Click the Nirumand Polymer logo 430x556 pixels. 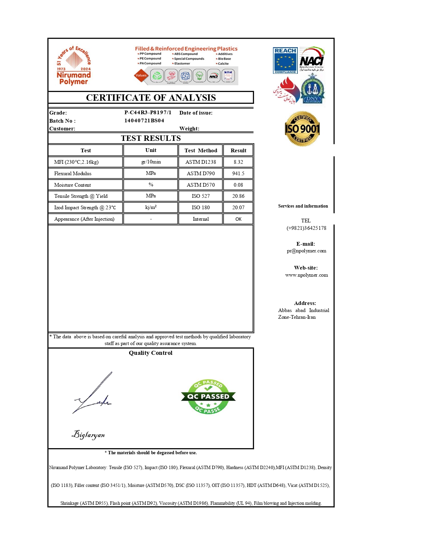(74, 66)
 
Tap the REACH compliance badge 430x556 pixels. (285, 61)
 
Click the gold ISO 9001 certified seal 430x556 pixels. (302, 129)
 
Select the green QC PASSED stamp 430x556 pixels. (208, 397)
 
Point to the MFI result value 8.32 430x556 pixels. (238, 162)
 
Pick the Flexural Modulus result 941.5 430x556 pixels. (238, 174)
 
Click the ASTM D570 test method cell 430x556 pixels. (201, 185)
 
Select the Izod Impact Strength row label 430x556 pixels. (85, 208)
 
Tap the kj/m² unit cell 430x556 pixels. (151, 207)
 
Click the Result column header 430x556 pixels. (238, 151)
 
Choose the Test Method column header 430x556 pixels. (201, 151)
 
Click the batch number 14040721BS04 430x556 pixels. (144, 121)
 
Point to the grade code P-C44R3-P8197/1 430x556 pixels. (148, 113)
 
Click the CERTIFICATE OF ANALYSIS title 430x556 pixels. (151, 98)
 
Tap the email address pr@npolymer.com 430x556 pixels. (306, 251)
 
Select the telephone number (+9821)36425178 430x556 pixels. (306, 228)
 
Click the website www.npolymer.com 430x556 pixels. (306, 275)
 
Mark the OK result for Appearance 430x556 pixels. (238, 219)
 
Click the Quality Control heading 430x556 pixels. (150, 353)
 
